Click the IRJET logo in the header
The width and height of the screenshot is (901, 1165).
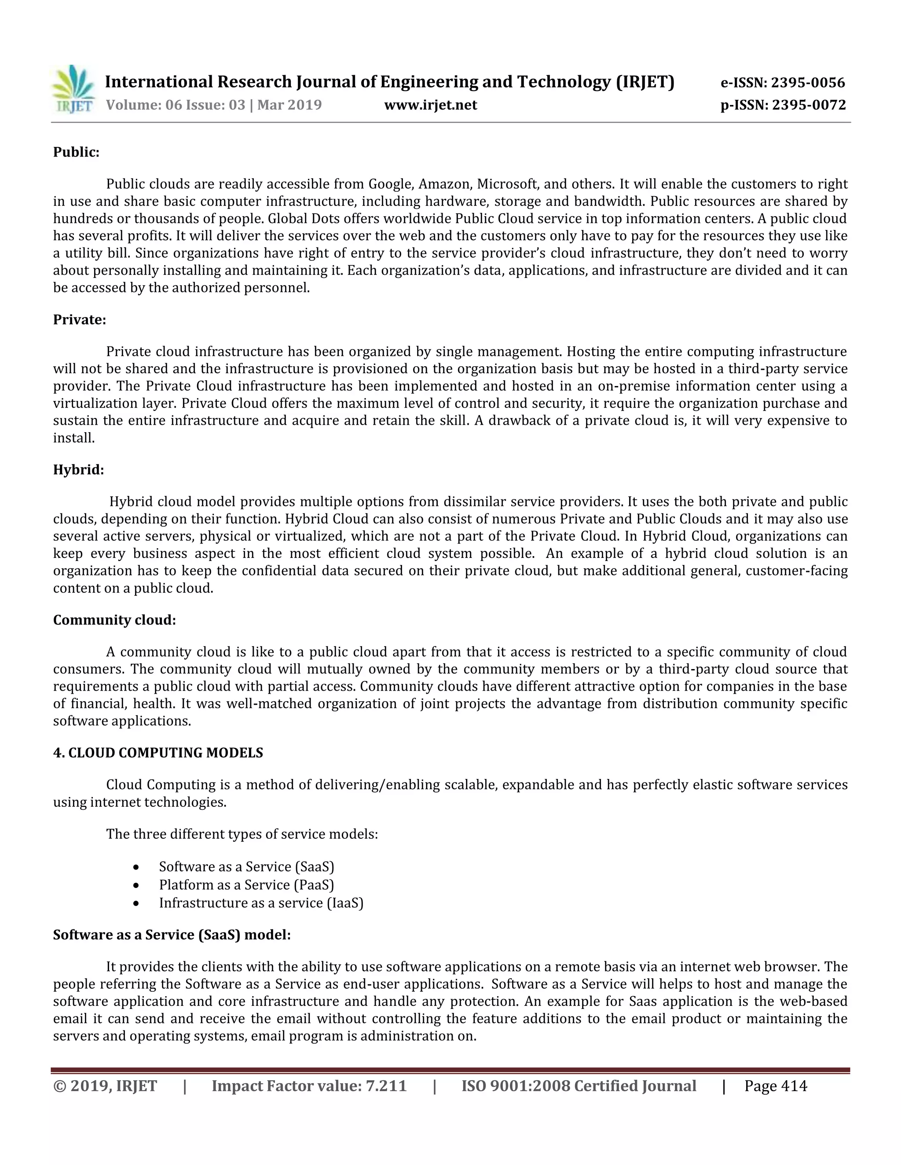point(73,89)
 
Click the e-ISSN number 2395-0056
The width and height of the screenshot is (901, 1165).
point(808,83)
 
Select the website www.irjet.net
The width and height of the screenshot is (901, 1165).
point(430,105)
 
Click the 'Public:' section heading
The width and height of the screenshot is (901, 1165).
point(76,153)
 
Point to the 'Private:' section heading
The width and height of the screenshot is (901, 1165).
point(80,320)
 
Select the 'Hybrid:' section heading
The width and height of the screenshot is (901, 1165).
point(78,470)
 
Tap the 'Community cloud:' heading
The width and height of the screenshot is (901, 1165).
point(114,620)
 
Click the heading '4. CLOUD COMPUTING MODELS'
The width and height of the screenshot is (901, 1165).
point(158,753)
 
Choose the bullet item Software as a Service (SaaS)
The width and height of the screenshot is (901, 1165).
point(246,867)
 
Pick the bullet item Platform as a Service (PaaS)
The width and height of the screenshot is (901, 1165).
point(246,885)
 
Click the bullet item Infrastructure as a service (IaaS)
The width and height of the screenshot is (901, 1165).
point(261,903)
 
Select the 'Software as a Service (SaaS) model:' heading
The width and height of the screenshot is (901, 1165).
point(172,935)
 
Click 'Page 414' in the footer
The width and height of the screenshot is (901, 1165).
point(776,1087)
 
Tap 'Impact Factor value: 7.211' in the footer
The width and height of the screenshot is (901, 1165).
point(309,1087)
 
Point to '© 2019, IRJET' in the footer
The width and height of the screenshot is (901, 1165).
point(105,1087)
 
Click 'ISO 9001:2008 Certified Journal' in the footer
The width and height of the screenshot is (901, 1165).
point(579,1087)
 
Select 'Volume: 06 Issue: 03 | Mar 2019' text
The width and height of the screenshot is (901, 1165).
point(213,105)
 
